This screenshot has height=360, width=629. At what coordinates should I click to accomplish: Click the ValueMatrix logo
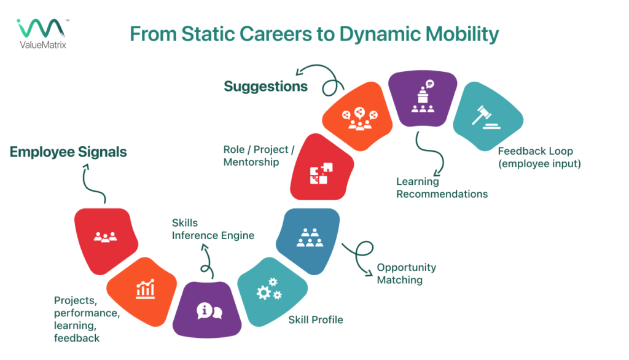tap(42, 33)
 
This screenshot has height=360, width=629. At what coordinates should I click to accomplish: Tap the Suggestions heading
tap(265, 86)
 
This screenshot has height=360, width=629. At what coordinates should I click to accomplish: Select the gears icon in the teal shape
tap(269, 289)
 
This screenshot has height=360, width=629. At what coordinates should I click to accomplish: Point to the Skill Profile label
tap(316, 319)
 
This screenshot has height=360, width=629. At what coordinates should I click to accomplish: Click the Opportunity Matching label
tap(406, 274)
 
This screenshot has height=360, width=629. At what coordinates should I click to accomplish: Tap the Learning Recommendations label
tap(442, 188)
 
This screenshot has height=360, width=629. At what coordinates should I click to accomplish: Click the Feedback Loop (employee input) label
tap(539, 157)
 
